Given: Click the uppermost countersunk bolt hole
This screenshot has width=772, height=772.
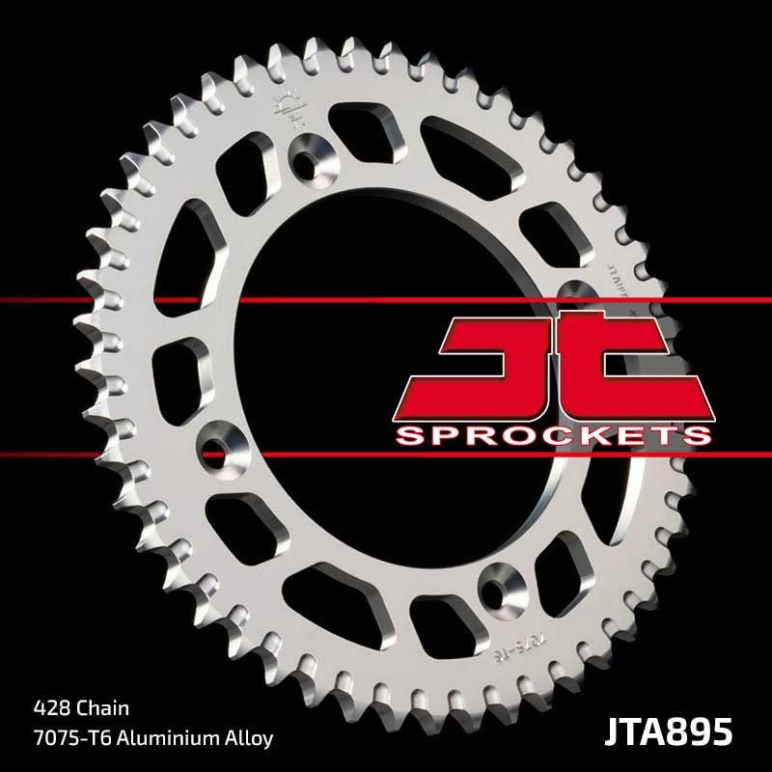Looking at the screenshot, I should click(x=311, y=153).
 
